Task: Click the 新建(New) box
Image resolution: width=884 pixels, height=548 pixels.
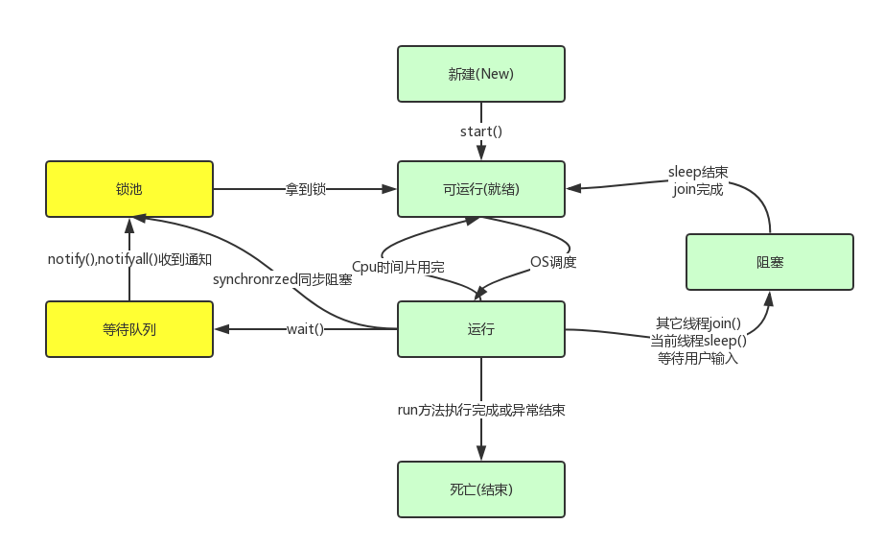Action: [x=481, y=74]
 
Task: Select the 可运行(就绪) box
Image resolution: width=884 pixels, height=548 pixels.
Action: [x=481, y=189]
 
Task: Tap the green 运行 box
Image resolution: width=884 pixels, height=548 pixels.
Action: [x=481, y=329]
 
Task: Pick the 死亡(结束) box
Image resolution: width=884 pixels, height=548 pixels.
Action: [x=481, y=489]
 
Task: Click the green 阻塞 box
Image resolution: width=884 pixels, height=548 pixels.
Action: [x=769, y=261]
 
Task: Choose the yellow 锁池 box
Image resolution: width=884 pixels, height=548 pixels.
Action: [x=129, y=189]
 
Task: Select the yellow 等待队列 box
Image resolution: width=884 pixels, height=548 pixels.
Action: [x=129, y=329]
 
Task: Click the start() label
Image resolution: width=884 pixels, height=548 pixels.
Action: [x=481, y=131]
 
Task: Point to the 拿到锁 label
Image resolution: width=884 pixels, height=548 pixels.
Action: [x=305, y=189]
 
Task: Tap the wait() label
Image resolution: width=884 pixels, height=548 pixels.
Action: [x=305, y=329]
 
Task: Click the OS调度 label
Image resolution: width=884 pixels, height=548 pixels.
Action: [x=553, y=261]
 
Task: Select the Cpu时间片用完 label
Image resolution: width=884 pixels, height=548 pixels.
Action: [x=398, y=266]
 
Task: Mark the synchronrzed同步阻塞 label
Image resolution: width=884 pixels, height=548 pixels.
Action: [x=282, y=280]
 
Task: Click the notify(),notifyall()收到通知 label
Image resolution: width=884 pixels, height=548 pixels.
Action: [x=129, y=259]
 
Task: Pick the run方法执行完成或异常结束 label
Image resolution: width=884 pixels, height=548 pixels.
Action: [x=481, y=410]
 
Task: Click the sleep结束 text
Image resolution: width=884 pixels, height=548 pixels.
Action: [x=698, y=173]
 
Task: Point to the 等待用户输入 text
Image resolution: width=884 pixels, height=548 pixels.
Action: [x=697, y=358]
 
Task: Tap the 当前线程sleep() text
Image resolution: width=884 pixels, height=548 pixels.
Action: [x=698, y=341]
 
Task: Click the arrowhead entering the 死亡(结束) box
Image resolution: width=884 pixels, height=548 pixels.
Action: [x=481, y=453]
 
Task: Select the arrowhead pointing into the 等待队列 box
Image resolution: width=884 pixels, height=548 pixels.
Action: [x=221, y=329]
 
